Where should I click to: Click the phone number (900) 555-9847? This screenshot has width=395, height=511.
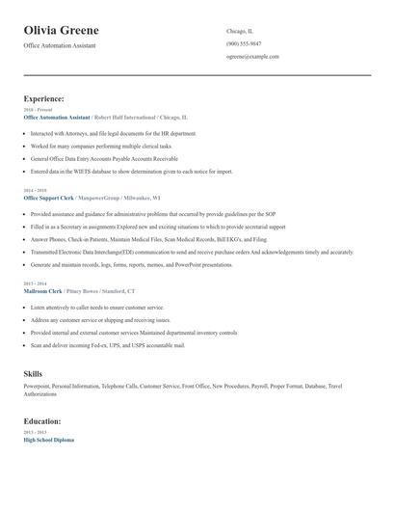point(244,43)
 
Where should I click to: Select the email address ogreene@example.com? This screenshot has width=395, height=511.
point(252,56)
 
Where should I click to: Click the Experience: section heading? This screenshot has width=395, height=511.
point(44,98)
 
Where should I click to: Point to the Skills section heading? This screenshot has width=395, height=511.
point(33,372)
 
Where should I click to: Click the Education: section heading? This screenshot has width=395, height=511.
point(42,421)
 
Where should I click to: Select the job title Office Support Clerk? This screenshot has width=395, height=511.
point(49,197)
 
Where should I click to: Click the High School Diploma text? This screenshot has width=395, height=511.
point(48,440)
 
